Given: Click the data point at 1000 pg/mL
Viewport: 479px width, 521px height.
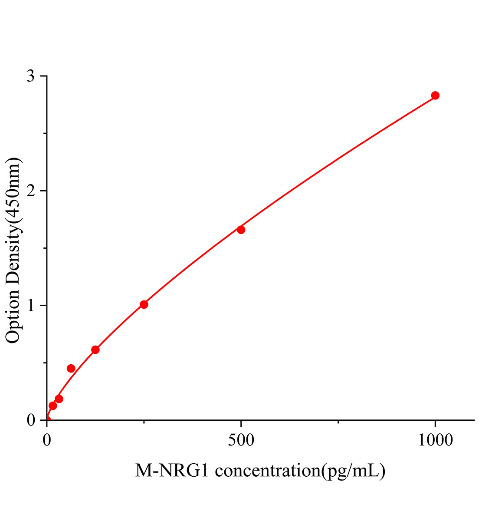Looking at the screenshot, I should click(x=435, y=96).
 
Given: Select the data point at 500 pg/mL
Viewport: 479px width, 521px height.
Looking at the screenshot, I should click(x=241, y=230).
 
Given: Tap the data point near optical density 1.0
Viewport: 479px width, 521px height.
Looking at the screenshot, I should click(x=144, y=304).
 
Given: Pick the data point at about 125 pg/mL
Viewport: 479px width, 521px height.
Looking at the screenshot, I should click(x=95, y=350).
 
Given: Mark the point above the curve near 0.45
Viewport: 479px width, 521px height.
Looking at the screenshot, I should click(x=71, y=368).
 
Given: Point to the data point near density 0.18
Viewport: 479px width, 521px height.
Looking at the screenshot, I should click(x=59, y=399).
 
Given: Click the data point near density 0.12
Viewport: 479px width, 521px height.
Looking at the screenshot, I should click(x=53, y=406).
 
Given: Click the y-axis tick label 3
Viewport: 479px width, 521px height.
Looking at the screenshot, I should click(x=31, y=76).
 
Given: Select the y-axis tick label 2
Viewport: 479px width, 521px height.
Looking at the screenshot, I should click(x=31, y=191).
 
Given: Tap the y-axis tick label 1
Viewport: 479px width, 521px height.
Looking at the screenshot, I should click(x=31, y=306).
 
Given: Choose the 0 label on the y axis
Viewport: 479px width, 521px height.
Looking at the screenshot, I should click(x=31, y=420).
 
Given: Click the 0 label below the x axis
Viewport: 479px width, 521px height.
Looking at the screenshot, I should click(x=47, y=440).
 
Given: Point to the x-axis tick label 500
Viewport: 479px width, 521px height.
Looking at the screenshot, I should click(x=241, y=440).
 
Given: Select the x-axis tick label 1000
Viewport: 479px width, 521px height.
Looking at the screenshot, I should click(x=435, y=440).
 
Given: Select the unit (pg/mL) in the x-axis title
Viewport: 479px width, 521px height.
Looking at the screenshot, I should click(x=353, y=471).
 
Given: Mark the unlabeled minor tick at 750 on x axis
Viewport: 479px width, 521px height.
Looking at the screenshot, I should click(x=338, y=422).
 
